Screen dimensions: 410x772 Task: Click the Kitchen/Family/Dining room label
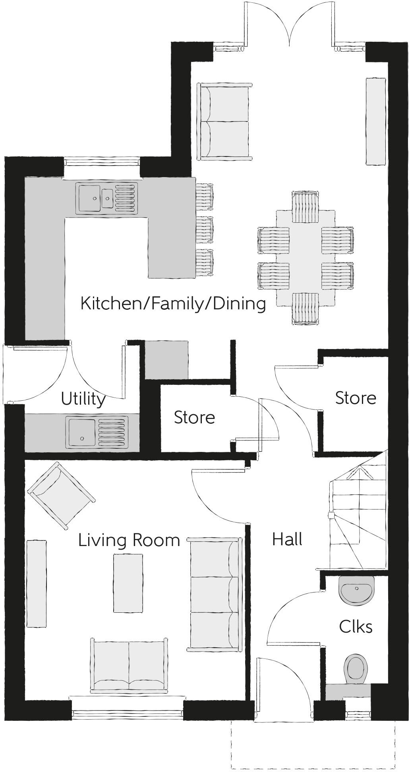[173, 304]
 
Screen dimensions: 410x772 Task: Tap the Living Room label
[129, 540]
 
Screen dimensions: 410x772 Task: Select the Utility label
[83, 399]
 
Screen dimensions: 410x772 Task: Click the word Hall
[287, 539]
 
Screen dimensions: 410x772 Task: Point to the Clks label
[356, 627]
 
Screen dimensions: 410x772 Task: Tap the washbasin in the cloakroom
[356, 591]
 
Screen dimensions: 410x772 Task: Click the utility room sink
[97, 432]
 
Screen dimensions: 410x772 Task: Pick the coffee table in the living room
[128, 583]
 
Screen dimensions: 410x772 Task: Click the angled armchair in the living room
[61, 495]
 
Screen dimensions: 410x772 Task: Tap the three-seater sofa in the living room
[215, 594]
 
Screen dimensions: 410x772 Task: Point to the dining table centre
[306, 258]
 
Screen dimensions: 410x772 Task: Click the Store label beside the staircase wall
[356, 398]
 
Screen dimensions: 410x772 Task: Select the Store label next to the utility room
[194, 417]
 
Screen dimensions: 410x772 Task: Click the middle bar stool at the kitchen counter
[205, 229]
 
